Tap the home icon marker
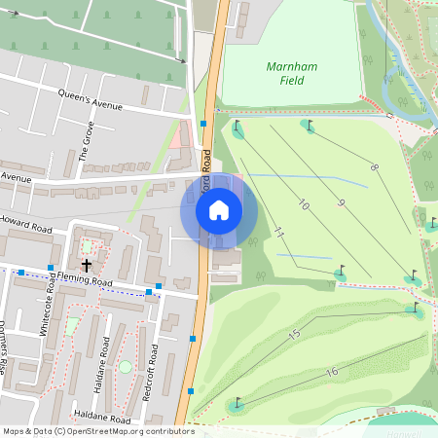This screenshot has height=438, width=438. click(x=219, y=209)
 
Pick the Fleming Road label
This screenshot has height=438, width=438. click(x=85, y=279)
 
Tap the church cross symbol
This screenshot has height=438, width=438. click(x=87, y=265)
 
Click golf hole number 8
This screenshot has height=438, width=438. click(x=373, y=168)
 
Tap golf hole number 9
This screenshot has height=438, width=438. click(x=341, y=202)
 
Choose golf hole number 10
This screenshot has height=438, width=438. click(x=304, y=205)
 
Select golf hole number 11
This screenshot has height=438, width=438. click(x=278, y=234)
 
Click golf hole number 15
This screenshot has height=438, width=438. click(x=294, y=334)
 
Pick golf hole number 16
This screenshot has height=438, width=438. click(x=332, y=372)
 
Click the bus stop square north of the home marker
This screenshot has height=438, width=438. click(x=202, y=124)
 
